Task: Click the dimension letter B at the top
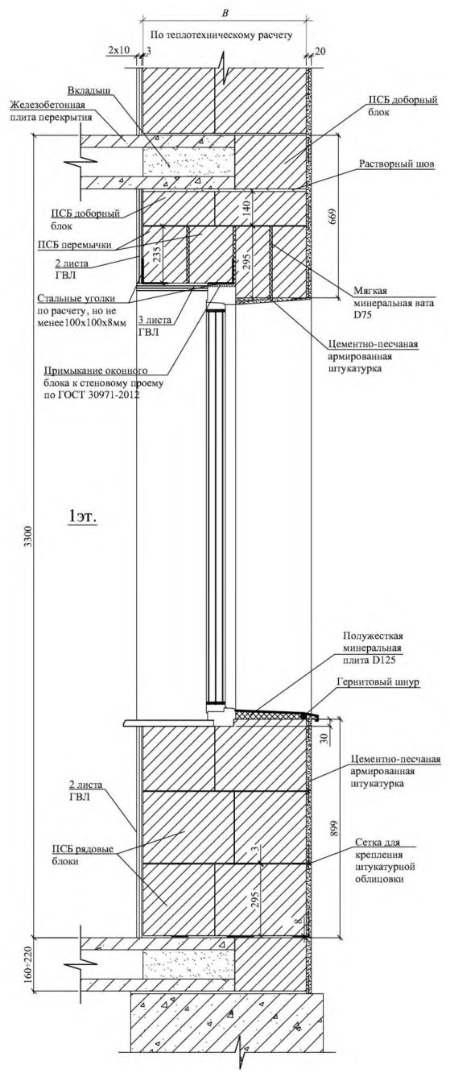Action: [225, 14]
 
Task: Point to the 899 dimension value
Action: [335, 827]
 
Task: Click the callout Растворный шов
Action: [396, 164]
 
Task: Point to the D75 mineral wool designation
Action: [362, 314]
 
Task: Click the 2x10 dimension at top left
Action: [118, 50]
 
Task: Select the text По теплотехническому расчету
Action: [221, 35]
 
